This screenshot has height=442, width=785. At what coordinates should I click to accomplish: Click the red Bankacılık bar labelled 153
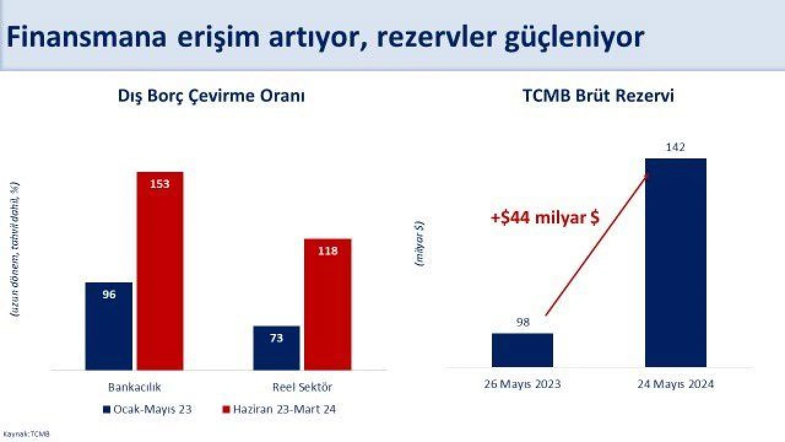point(159,270)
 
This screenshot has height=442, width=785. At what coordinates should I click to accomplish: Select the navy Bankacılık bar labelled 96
point(109,326)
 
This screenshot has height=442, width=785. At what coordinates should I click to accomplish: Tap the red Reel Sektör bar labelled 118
point(327,304)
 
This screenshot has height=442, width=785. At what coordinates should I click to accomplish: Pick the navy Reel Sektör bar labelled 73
point(276,347)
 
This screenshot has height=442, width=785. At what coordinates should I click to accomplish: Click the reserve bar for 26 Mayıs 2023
point(522,350)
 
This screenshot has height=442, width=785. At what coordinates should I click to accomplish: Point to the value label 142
point(675,147)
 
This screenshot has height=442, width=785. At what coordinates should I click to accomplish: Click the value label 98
point(523,322)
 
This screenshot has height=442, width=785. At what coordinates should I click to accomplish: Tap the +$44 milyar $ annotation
point(545,217)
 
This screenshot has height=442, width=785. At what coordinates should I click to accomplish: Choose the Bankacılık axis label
point(134,387)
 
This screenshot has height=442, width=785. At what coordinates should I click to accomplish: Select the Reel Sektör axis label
point(302,387)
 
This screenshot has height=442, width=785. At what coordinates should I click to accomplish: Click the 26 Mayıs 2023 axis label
point(522,385)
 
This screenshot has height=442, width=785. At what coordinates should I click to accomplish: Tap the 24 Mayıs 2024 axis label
point(675,385)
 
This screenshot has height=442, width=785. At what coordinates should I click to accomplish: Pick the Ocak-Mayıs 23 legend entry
point(147,409)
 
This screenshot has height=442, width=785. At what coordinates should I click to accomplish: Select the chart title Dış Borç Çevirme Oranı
point(211,97)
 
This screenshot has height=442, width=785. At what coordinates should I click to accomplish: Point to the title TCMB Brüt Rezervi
point(598,97)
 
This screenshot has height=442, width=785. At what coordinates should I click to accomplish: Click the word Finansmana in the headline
point(86,38)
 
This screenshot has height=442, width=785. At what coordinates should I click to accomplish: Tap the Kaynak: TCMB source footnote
point(26,434)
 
